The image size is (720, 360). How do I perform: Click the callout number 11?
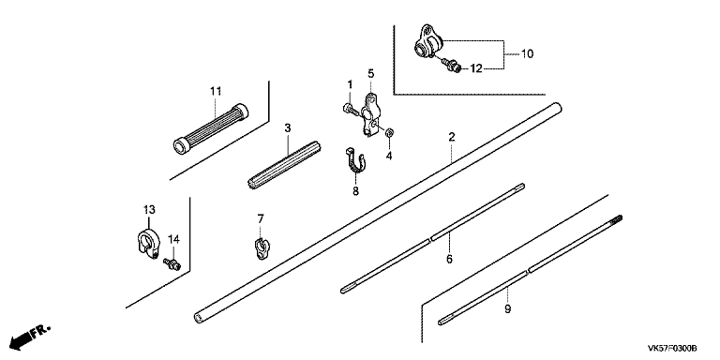pyautogui.click(x=216, y=91)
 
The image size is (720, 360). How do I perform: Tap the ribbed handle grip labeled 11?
pyautogui.click(x=211, y=128)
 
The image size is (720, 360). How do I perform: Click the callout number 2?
pyautogui.click(x=452, y=137)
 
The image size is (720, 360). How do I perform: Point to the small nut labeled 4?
pyautogui.click(x=390, y=133)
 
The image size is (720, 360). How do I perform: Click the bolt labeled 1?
pyautogui.click(x=349, y=110)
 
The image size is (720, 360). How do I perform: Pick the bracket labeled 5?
pyautogui.click(x=370, y=114)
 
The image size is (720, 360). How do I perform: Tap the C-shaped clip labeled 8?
pyautogui.click(x=355, y=162)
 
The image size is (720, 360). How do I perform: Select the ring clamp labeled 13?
pyautogui.click(x=148, y=240)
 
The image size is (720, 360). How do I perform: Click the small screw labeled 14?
pyautogui.click(x=172, y=263)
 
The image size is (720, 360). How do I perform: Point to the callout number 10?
pyautogui.click(x=528, y=53)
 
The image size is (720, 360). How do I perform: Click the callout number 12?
pyautogui.click(x=476, y=68)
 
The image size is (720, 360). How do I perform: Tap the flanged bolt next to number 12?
pyautogui.click(x=450, y=65)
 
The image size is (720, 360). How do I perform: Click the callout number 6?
pyautogui.click(x=450, y=259)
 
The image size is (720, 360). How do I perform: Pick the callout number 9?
pyautogui.click(x=507, y=309)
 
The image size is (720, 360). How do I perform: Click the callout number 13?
pyautogui.click(x=149, y=209)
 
